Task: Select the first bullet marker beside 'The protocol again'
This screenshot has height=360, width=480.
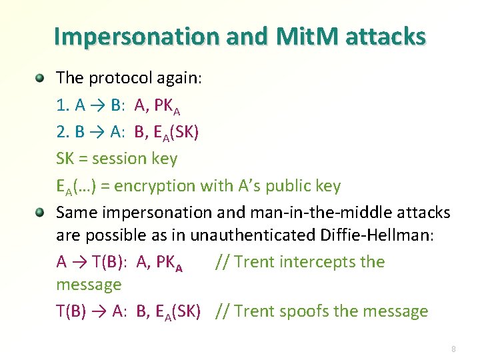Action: [40, 78]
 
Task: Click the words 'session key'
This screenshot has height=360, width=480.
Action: [135, 159]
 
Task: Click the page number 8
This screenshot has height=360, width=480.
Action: [453, 349]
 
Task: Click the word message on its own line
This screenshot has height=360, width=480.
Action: [89, 285]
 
